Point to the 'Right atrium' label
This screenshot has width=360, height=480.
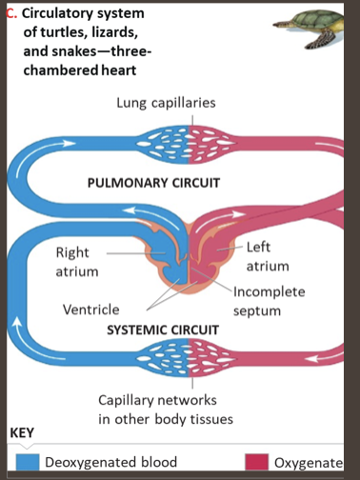pyautogui.click(x=73, y=262)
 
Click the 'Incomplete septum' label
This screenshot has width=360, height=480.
pyautogui.click(x=270, y=301)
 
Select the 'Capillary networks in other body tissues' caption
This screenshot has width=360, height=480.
pyautogui.click(x=166, y=410)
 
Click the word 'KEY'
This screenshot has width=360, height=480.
pyautogui.click(x=21, y=433)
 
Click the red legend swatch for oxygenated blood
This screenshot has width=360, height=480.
pyautogui.click(x=256, y=462)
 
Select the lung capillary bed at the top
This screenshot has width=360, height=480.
pyautogui.click(x=190, y=141)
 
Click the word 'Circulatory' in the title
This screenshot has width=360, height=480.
pyautogui.click(x=59, y=13)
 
